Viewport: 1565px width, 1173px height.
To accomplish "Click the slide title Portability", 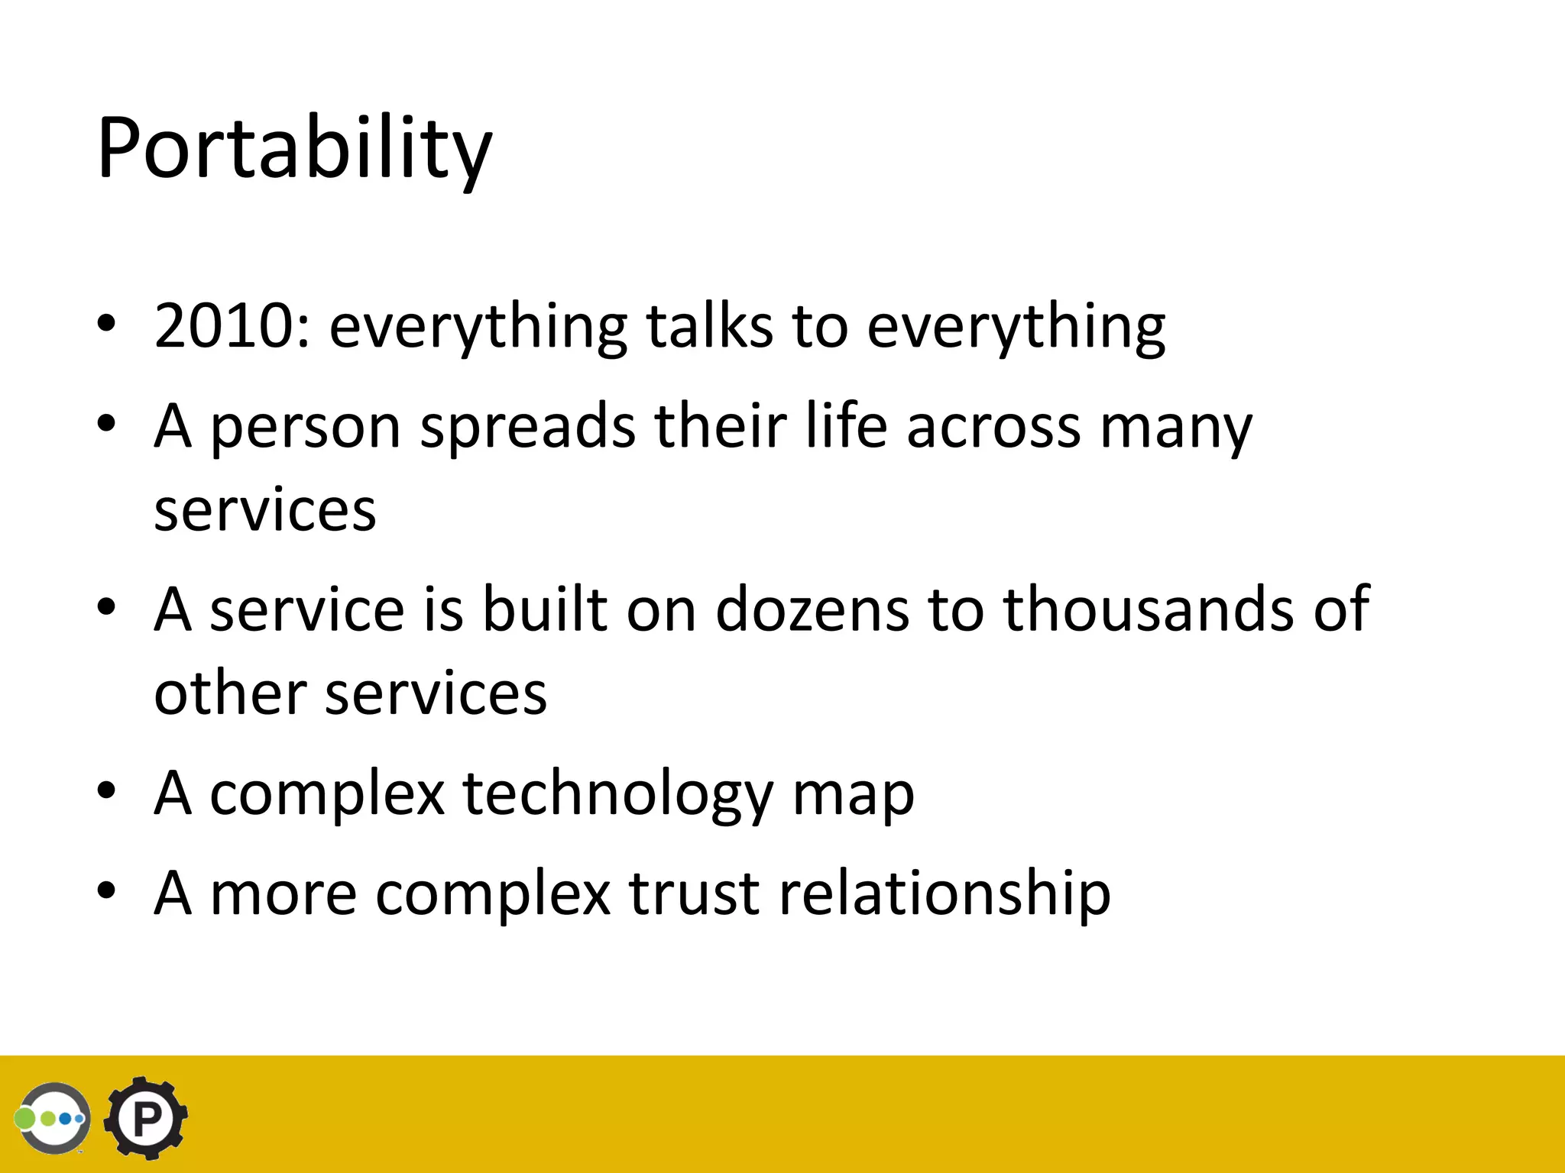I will click(294, 149).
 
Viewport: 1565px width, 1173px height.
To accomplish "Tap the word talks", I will click(709, 327).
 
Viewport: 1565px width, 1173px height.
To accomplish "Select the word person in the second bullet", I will click(305, 428).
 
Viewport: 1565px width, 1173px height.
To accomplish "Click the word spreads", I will click(527, 428).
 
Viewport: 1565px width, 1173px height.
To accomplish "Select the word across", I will click(993, 428).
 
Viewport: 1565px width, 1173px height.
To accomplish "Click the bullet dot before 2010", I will click(106, 323).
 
